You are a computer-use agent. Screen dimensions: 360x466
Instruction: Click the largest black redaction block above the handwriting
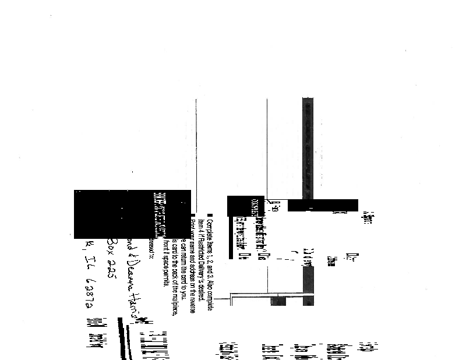[132, 214]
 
